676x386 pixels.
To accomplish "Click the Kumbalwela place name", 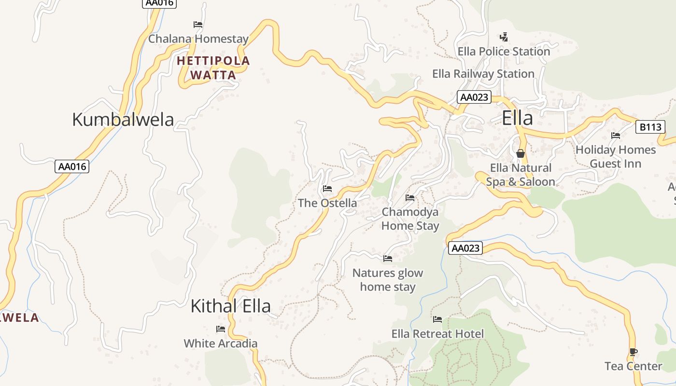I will point(123,119).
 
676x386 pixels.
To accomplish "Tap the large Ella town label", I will point(517,118).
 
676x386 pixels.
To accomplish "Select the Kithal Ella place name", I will point(230,306).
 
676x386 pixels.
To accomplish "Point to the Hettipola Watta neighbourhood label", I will point(213,68).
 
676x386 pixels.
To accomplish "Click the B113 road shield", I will point(649,127).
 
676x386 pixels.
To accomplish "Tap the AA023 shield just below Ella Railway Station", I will point(474,97).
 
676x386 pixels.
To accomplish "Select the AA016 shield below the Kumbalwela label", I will point(71,166).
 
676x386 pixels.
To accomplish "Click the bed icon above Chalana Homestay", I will point(198,24).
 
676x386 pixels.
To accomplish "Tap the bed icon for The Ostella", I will point(327,189).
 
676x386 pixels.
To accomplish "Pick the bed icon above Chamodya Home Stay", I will point(410,197).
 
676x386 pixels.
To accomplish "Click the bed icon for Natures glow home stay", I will point(388,259).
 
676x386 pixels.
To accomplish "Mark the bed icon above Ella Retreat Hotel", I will point(437,319).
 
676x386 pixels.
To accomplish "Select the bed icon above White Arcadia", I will point(221,329).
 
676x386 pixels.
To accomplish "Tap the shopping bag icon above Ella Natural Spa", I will point(520,153).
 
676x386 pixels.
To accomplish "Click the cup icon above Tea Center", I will point(634,352).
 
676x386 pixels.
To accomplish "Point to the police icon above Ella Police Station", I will point(504,37).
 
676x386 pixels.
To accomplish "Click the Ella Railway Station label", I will point(483,74).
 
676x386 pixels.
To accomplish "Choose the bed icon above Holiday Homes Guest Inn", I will point(616,136).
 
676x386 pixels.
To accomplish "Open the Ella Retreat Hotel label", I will point(437,334).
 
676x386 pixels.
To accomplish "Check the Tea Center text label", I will point(634,366).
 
